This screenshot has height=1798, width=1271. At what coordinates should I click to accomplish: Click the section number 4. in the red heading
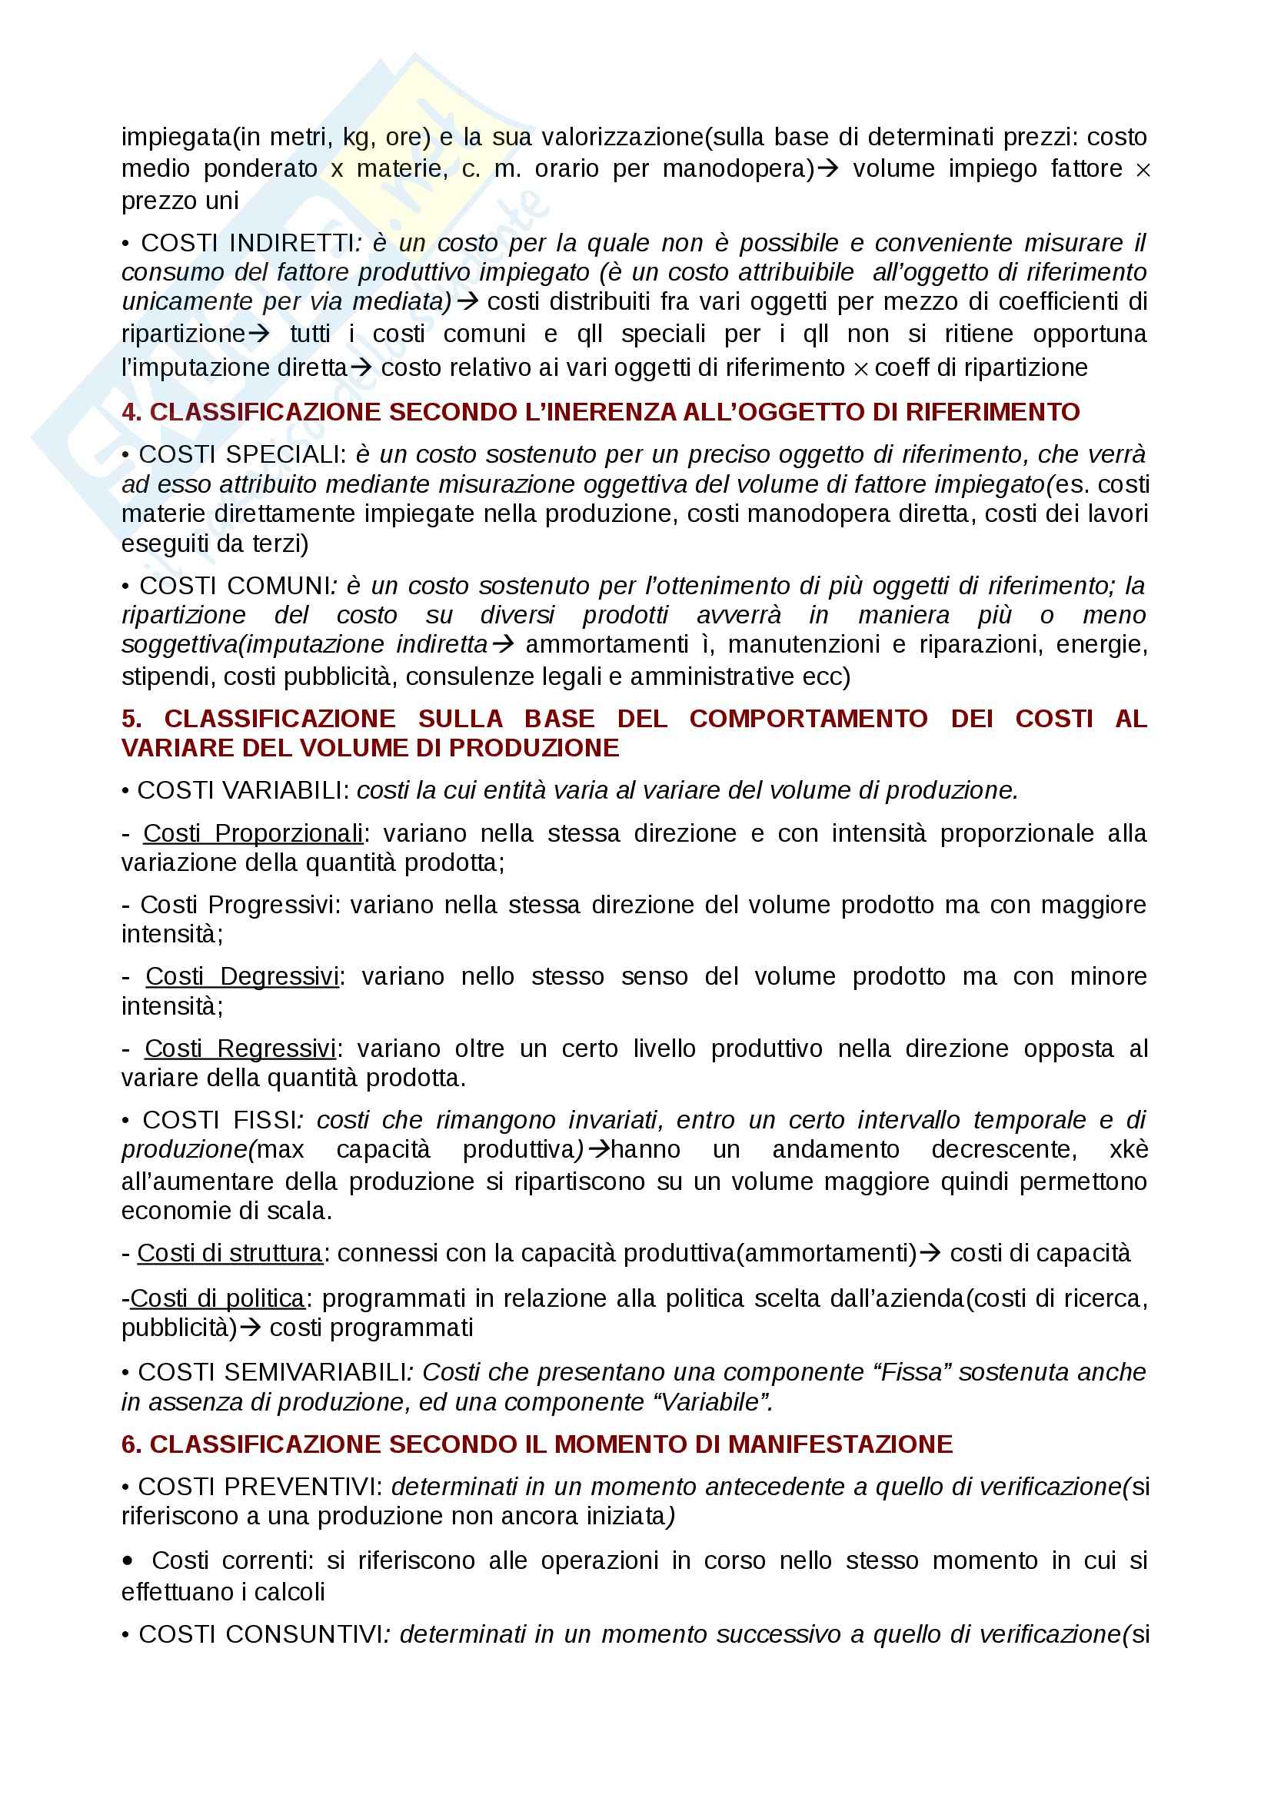[x=131, y=412]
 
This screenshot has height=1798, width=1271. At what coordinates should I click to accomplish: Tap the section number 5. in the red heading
[x=131, y=719]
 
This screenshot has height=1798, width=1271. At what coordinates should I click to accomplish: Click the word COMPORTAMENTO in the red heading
[x=808, y=719]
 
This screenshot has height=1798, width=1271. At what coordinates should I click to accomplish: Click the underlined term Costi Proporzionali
[x=253, y=833]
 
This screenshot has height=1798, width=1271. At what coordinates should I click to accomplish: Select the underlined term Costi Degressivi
[x=242, y=976]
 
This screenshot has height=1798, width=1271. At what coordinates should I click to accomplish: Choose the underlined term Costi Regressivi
[x=241, y=1049]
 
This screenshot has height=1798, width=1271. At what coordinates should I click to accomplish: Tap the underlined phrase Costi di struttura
[x=229, y=1254]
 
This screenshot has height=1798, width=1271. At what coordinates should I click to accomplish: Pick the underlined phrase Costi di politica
[x=217, y=1298]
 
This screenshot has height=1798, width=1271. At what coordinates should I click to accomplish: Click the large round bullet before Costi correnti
[x=128, y=1560]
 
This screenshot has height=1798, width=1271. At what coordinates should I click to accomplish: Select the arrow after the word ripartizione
[x=259, y=334]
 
